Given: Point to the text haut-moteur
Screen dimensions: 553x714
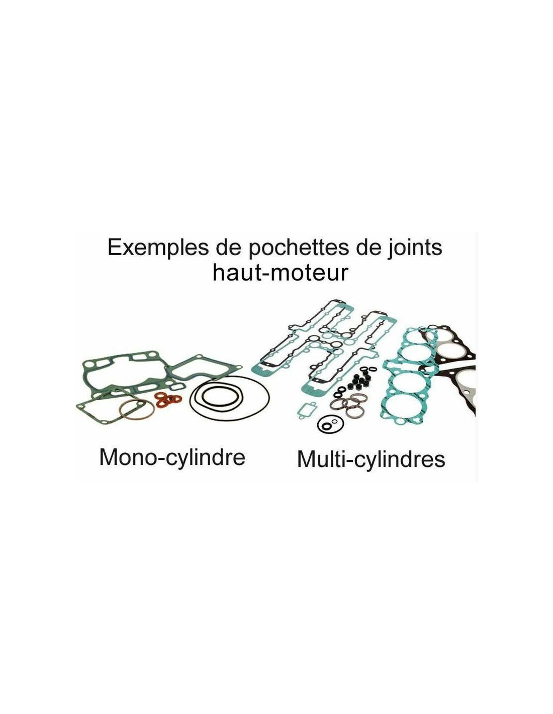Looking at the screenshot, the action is tap(280, 273).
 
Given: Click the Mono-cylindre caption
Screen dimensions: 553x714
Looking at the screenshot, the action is tap(172, 457).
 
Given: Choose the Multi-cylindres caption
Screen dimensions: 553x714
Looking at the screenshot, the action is tap(371, 459).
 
